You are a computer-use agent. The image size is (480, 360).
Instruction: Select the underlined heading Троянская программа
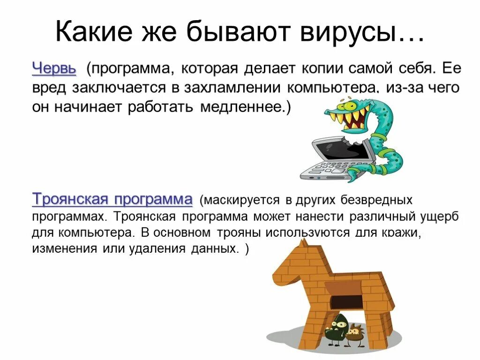pos(112,199)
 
